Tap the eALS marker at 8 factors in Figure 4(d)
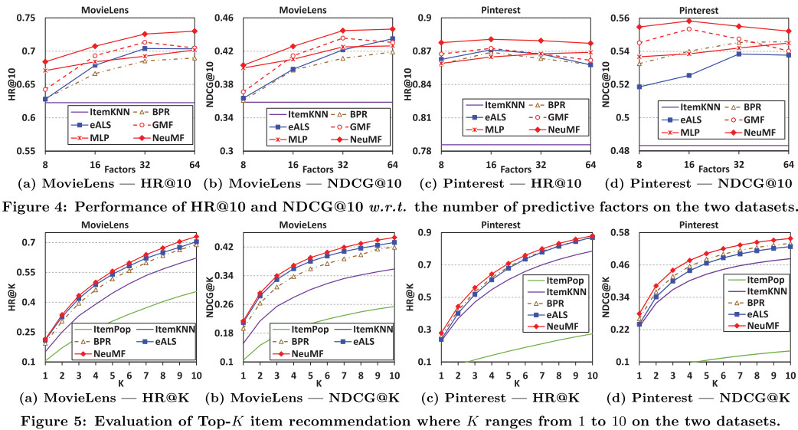point(639,87)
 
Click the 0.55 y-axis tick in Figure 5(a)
point(28,272)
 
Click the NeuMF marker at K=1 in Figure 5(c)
point(441,333)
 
